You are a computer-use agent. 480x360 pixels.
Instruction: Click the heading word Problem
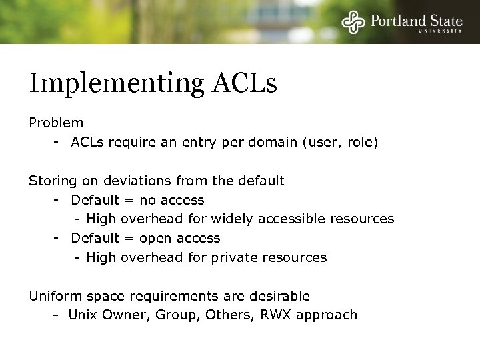point(56,123)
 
